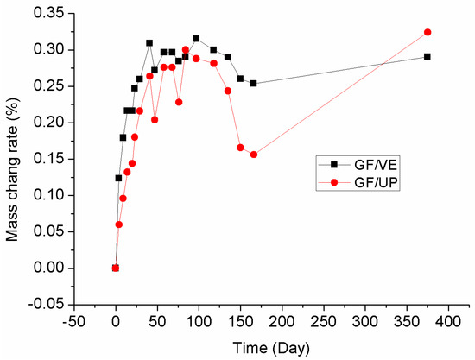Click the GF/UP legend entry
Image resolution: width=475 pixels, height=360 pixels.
point(350,182)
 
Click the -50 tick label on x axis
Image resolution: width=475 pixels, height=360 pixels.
point(73,322)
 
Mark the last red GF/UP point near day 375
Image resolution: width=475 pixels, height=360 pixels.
point(427,32)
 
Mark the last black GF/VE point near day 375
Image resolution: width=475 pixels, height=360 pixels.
point(427,56)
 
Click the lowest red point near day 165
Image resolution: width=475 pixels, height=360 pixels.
point(253,155)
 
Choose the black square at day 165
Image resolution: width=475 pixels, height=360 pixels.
point(253,83)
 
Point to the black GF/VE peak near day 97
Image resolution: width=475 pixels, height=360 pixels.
point(196,38)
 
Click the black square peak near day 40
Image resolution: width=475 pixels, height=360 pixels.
point(149,42)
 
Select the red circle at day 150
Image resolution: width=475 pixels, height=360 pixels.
point(240,148)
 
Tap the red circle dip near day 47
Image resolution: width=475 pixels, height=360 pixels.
point(155,119)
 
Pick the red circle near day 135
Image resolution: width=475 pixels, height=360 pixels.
point(228,91)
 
